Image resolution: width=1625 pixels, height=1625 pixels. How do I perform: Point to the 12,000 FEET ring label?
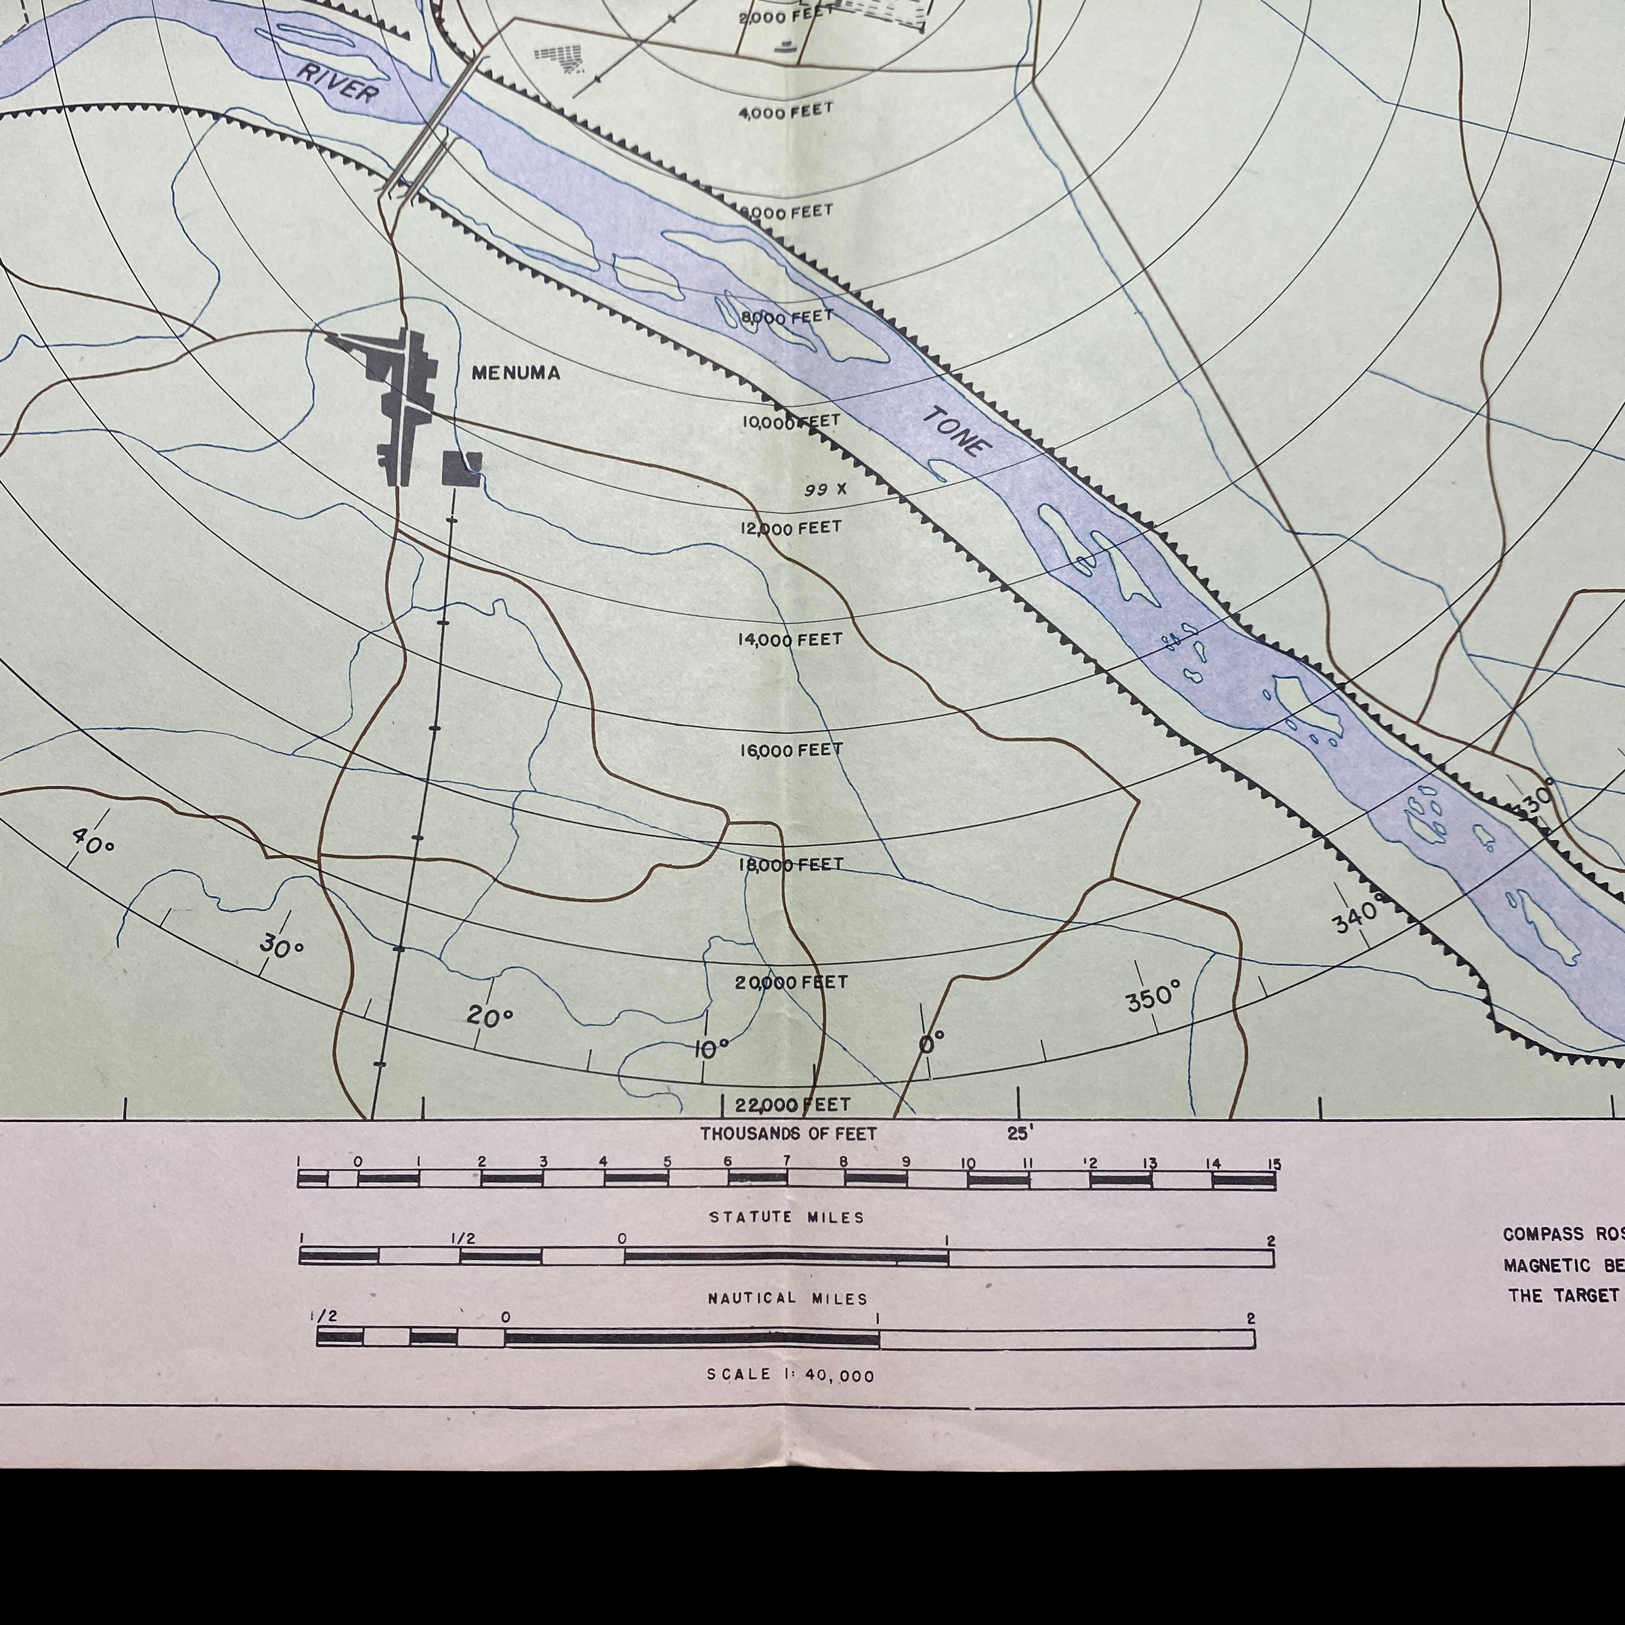[789, 528]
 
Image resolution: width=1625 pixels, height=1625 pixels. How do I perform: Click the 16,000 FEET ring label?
[791, 750]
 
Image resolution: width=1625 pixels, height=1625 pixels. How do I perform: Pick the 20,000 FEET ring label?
[791, 982]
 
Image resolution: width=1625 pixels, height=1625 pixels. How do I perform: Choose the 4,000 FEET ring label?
[785, 111]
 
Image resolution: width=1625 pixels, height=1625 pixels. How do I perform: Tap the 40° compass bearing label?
[93, 840]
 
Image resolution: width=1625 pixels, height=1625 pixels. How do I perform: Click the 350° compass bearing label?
[1153, 997]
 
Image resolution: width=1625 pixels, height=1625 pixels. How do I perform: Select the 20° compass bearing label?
[490, 1016]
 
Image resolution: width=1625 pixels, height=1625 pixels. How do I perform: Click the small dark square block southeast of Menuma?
[462, 469]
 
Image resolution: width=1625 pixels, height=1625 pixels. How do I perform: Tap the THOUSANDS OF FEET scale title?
[788, 1134]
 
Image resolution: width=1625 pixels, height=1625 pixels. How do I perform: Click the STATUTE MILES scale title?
[786, 1217]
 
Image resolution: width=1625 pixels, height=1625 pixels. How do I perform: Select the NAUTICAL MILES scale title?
[787, 1299]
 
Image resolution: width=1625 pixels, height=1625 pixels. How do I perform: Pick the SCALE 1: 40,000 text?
[789, 1375]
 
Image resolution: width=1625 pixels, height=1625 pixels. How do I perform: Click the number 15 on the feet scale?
[1274, 1165]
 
